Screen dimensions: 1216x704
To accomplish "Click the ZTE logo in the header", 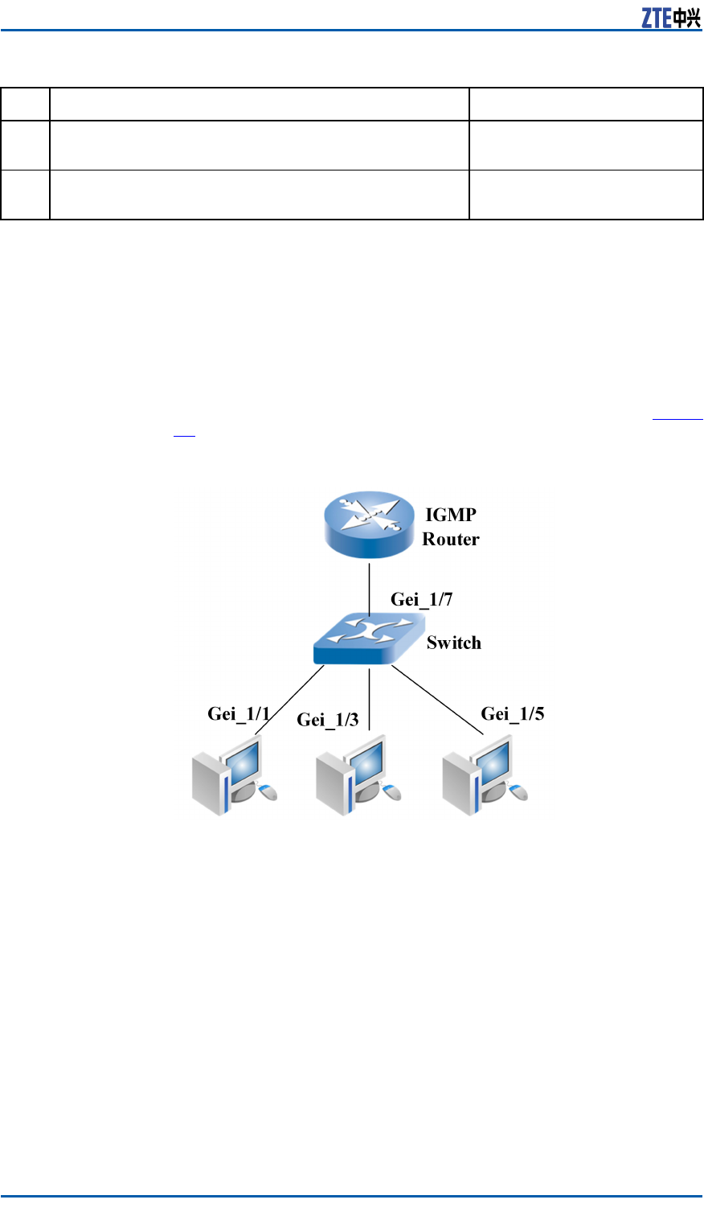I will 670,18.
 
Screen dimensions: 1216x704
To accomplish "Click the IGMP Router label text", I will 451,527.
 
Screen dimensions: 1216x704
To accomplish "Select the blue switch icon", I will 368,638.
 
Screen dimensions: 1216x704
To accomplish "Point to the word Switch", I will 454,643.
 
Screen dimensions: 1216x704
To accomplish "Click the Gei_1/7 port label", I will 421,599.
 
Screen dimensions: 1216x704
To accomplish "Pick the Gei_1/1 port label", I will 239,713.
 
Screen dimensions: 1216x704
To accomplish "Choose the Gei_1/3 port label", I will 328,719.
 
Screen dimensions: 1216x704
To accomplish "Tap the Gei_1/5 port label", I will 513,713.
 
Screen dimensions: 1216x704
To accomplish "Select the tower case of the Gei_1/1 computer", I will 208,783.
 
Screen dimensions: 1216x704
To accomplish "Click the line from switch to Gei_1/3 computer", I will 369,698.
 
